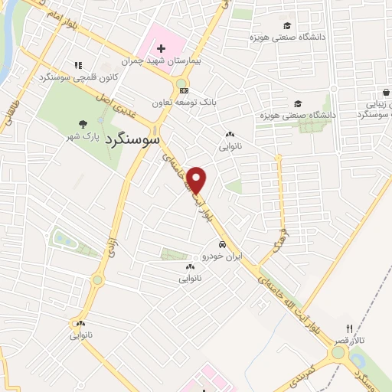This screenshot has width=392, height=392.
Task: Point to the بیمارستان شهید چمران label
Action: point(166,60)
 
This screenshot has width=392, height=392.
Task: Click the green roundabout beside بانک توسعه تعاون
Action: point(181,84)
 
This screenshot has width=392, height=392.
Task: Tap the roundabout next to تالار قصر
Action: point(338,353)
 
